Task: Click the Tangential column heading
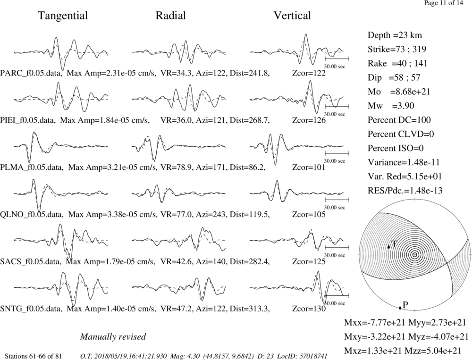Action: pos(63,16)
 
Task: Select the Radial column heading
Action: pos(170,16)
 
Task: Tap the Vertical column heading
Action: pos(292,16)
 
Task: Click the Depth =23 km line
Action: pos(395,35)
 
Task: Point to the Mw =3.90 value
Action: pos(391,106)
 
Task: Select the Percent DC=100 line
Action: pos(399,120)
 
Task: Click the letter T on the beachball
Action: pos(394,244)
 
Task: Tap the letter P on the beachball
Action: pos(405,305)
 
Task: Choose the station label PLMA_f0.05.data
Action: pos(32,167)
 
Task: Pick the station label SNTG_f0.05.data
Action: pos(31,309)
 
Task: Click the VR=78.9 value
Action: pos(176,167)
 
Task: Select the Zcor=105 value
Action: pos(309,215)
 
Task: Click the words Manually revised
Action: pos(113,336)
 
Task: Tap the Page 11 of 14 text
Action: pos(443,3)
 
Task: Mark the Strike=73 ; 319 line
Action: pos(397,50)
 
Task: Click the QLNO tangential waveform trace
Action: pos(61,194)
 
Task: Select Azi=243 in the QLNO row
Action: pos(211,215)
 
